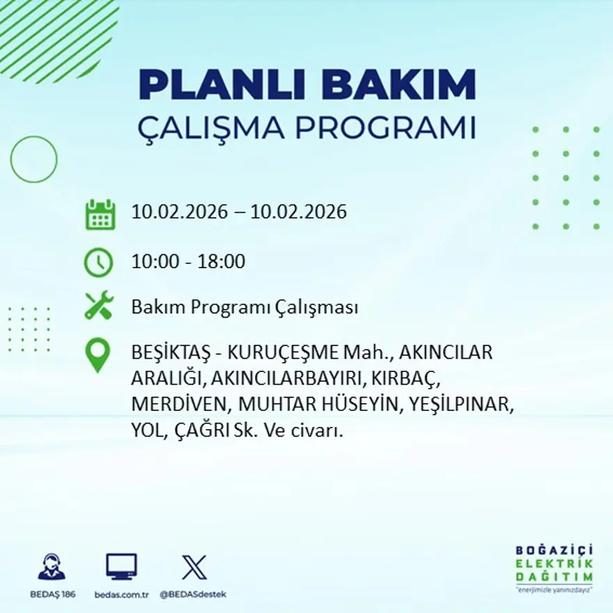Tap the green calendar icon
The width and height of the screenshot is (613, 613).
pos(100,215)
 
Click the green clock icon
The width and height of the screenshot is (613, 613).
pos(98,263)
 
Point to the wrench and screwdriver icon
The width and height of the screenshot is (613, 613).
pos(98,306)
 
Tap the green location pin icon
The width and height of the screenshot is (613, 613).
pos(98,354)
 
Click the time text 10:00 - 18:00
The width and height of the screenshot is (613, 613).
pos(188,262)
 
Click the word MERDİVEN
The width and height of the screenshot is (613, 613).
pos(181,404)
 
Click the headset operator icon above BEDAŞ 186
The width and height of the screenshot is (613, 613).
pos(52,566)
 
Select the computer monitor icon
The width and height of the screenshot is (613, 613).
pos(121,566)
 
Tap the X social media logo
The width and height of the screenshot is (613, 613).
pos(194,566)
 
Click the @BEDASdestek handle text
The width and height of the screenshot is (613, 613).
pos(193,594)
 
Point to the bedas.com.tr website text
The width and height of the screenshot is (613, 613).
pos(123,594)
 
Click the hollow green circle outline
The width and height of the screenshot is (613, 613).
pos(33,160)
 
